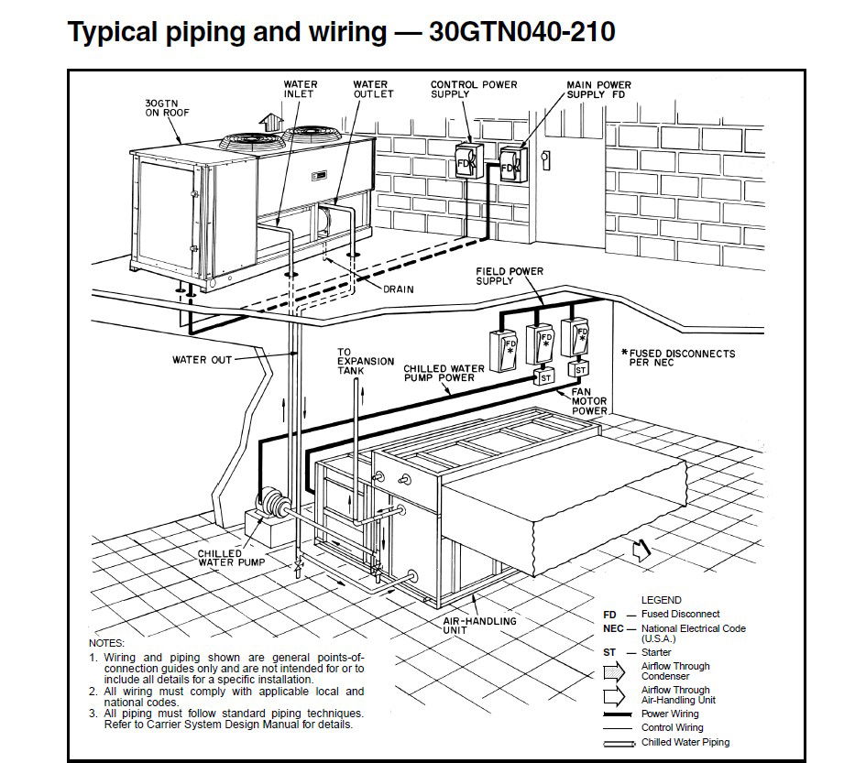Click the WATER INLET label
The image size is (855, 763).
click(x=301, y=89)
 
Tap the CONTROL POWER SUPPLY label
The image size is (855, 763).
click(x=473, y=89)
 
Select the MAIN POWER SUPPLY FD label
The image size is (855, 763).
click(x=598, y=90)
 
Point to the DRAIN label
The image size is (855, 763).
click(x=398, y=289)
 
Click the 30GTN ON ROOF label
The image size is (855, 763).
click(x=166, y=107)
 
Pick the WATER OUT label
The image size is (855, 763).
click(x=202, y=360)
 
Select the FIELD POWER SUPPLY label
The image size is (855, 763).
click(x=509, y=276)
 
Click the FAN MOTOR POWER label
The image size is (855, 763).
click(x=589, y=401)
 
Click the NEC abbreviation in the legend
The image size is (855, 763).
click(x=613, y=628)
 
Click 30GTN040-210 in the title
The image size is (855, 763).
click(x=521, y=33)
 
